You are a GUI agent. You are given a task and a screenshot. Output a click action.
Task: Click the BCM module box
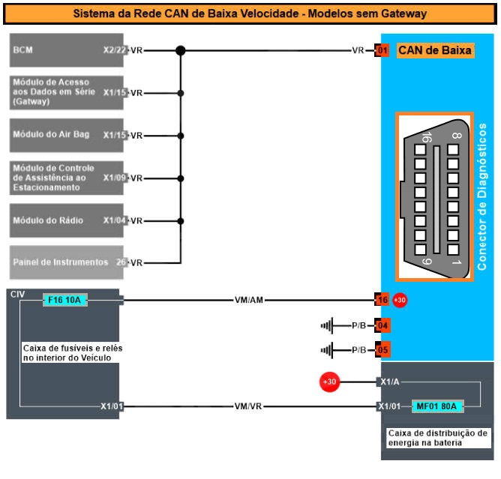coord(67,51)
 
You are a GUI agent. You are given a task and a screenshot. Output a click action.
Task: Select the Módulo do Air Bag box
coord(67,135)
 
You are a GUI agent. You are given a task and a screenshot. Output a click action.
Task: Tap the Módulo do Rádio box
coord(67,220)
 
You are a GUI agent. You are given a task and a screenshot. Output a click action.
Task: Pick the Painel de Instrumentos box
coord(67,262)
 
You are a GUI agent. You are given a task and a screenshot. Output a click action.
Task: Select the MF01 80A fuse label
coord(438,406)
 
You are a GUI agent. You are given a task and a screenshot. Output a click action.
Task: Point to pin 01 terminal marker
coord(382,51)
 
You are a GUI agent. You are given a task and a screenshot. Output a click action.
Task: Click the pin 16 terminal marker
coord(382,301)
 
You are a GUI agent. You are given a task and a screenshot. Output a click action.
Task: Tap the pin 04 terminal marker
coord(382,326)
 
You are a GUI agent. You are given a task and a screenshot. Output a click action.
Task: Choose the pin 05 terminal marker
coord(382,349)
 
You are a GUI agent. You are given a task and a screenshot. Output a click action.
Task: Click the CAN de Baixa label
coord(435,51)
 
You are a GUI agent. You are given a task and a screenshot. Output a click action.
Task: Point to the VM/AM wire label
coord(248,301)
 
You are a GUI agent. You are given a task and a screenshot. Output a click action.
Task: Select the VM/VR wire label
coord(248,406)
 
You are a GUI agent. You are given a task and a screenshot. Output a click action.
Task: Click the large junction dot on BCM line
coord(180,51)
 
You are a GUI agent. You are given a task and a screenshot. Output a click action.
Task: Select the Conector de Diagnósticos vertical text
coord(481,196)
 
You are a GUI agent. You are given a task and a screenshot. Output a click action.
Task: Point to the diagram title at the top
coord(250,13)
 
